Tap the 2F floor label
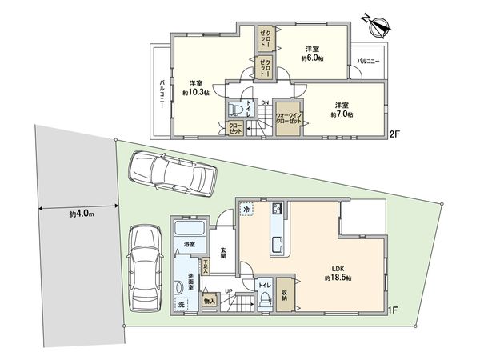point(394,135)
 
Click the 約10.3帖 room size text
point(195,89)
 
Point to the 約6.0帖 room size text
point(312,53)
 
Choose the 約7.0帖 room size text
point(342,110)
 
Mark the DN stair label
point(265,102)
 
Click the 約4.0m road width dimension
point(82,214)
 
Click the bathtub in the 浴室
point(190,232)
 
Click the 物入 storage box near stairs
point(210,300)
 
